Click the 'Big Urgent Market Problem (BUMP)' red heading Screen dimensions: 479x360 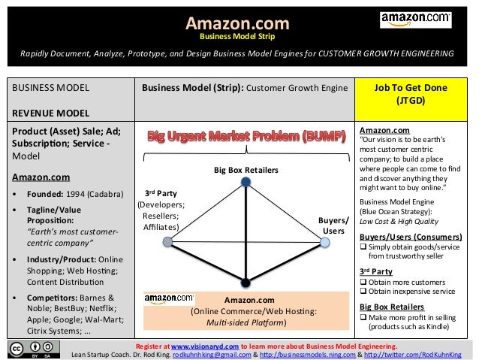(246, 138)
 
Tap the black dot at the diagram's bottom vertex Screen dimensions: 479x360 (246, 283)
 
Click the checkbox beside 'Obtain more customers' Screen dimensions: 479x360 (364, 281)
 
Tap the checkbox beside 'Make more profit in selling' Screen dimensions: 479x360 (364, 318)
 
